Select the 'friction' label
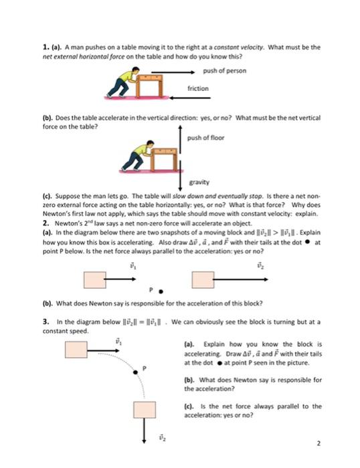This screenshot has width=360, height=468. (x=198, y=88)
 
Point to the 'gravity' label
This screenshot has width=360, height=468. (x=199, y=181)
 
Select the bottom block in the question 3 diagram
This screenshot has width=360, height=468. (x=145, y=409)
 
